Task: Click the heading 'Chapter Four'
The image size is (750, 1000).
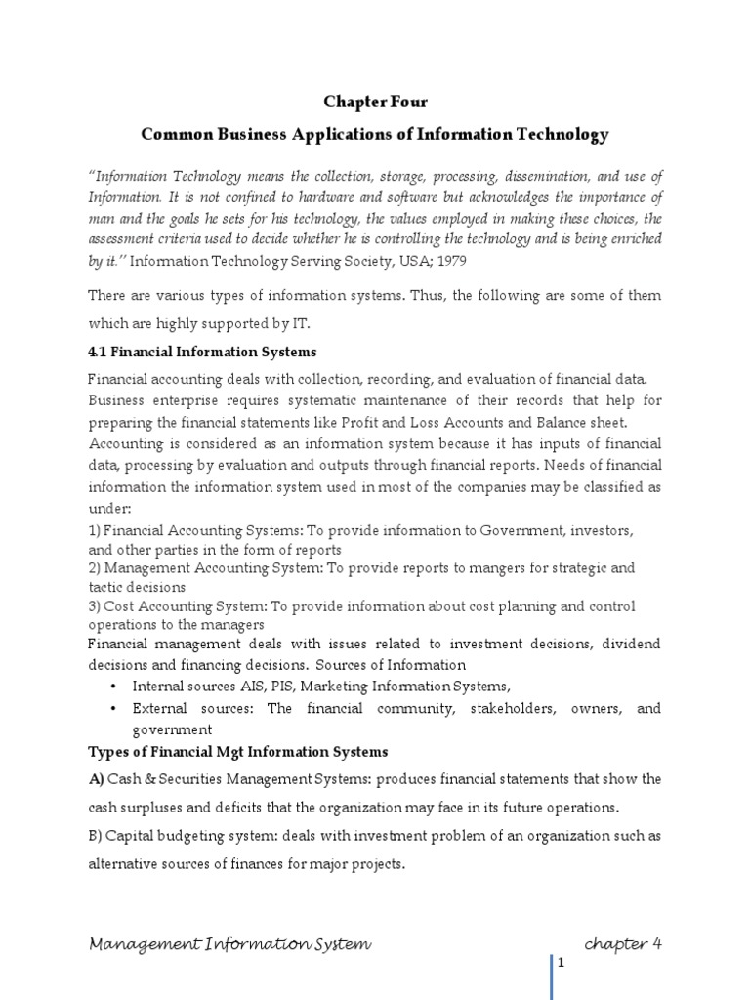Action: pyautogui.click(x=375, y=102)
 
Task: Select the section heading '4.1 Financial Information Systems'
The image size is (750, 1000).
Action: pyautogui.click(x=202, y=352)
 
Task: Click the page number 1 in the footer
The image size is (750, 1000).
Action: pyautogui.click(x=562, y=964)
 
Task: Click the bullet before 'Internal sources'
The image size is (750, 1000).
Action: pyautogui.click(x=115, y=687)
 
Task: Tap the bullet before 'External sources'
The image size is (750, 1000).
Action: pyautogui.click(x=115, y=709)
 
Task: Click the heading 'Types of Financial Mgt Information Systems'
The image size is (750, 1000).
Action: pyautogui.click(x=238, y=752)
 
